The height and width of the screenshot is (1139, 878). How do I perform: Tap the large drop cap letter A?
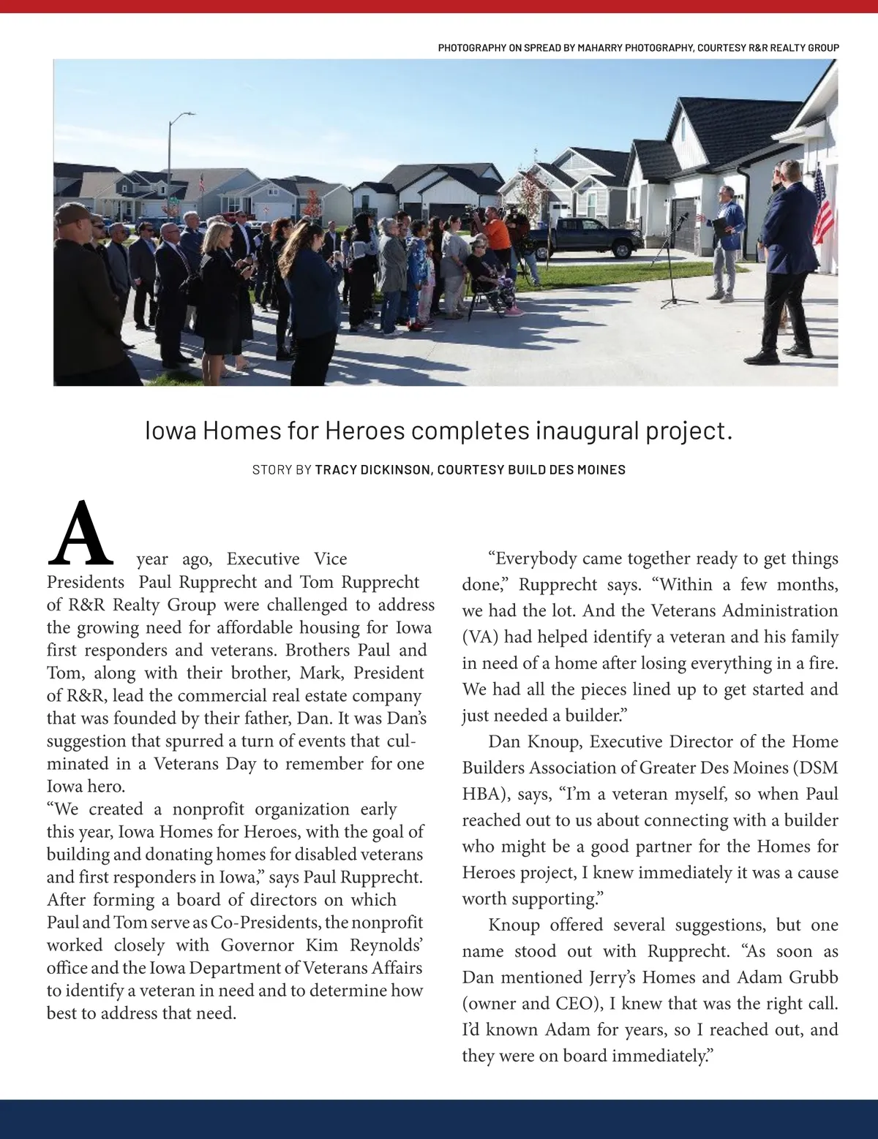pyautogui.click(x=79, y=534)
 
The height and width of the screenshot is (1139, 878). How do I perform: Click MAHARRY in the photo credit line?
pyautogui.click(x=607, y=48)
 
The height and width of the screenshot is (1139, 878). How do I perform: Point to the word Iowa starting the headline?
pyautogui.click(x=171, y=431)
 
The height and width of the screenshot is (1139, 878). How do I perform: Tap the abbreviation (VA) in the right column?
pyautogui.click(x=479, y=637)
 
